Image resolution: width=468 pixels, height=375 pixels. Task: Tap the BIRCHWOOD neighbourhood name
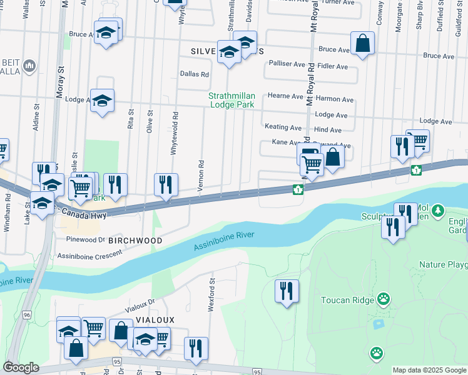[135, 241]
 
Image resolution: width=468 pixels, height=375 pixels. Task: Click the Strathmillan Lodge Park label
[231, 100]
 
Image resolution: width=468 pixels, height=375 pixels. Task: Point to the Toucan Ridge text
[347, 300]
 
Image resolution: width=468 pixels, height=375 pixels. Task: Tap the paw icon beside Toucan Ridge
[383, 299]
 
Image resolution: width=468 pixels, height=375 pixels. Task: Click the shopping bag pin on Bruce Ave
[362, 43]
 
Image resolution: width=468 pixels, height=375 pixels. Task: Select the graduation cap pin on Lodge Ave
[102, 100]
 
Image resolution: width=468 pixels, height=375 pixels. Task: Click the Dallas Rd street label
[194, 74]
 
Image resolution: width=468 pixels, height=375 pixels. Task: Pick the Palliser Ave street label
[287, 64]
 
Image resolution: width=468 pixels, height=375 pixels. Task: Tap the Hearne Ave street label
[285, 96]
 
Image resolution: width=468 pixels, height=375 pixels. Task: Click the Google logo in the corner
[21, 367]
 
